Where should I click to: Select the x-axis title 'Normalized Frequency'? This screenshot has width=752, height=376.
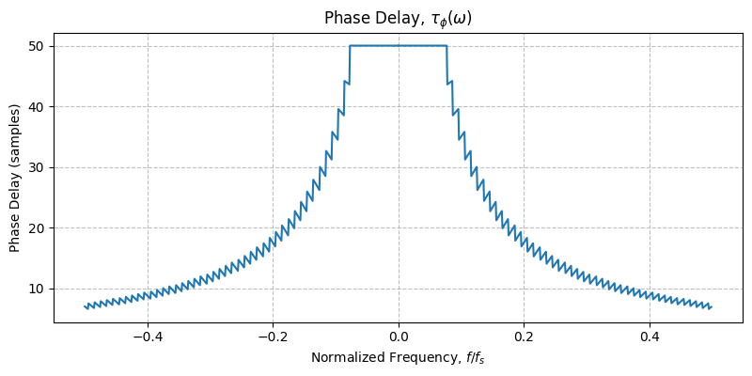(x=398, y=358)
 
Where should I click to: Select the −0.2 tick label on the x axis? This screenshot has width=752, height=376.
(x=273, y=336)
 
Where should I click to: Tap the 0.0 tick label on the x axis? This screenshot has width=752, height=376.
(x=399, y=336)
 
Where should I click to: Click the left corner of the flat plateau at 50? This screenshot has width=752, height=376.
(x=350, y=46)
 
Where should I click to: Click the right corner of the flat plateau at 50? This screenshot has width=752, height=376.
(x=446, y=46)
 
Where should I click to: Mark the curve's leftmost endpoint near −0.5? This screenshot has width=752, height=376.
(x=85, y=305)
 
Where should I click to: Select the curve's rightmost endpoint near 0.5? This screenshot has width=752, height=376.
(x=712, y=306)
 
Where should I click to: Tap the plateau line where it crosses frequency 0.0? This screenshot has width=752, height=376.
(x=399, y=46)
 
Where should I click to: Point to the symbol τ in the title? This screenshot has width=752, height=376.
(x=437, y=19)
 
